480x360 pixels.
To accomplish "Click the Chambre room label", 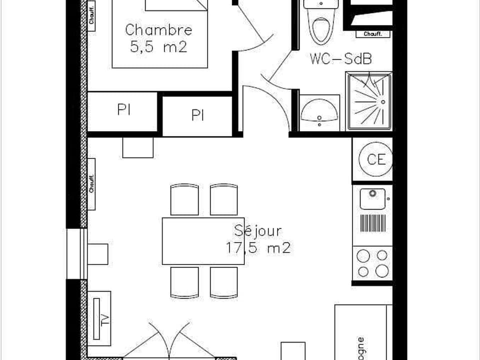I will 158,29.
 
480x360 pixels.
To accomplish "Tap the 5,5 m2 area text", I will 158,47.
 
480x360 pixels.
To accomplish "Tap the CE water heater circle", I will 376,159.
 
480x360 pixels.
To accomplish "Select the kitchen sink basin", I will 372,198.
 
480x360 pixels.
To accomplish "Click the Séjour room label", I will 257,231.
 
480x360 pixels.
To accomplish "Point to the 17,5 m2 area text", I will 257,248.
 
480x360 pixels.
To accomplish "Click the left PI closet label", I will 124,110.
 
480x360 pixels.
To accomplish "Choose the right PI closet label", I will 197,116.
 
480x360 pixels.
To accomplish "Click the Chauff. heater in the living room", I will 91,183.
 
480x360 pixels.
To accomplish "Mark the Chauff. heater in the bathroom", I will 373,34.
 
